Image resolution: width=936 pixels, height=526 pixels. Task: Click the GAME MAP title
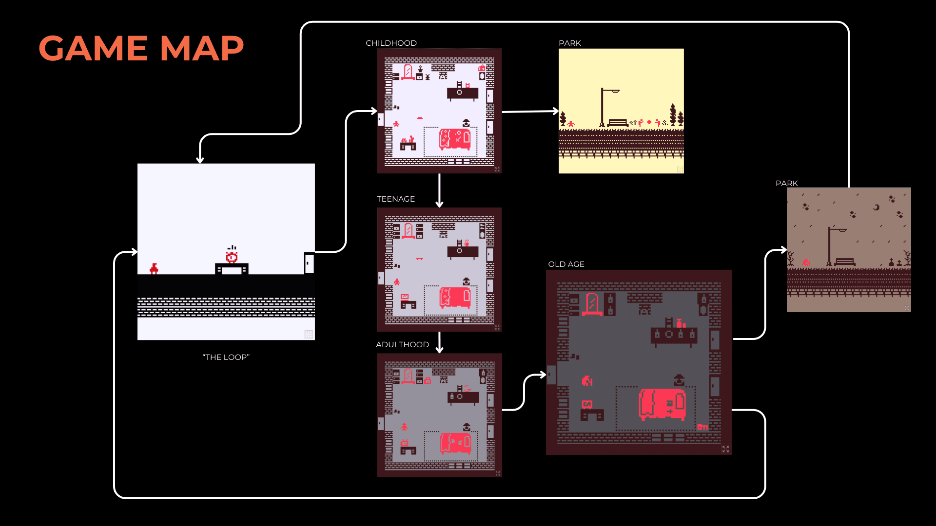141,48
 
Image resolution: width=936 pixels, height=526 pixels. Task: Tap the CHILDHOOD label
391,43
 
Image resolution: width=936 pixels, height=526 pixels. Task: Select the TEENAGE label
395,199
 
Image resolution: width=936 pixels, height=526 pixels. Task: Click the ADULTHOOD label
402,345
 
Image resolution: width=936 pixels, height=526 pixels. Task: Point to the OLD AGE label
566,264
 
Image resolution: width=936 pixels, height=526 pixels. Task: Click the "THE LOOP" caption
226,357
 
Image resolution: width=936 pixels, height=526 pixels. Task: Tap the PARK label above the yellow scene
569,43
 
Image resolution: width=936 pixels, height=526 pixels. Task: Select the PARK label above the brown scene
786,184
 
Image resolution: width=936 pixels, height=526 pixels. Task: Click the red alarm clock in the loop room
232,256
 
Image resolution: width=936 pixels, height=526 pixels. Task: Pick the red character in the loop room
154,268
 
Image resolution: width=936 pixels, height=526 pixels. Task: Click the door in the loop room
309,263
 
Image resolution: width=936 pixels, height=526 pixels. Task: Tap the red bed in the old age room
662,404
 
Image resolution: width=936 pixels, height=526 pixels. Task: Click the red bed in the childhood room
455,139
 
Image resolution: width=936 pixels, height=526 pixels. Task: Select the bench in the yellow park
618,123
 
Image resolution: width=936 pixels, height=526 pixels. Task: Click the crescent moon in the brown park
876,207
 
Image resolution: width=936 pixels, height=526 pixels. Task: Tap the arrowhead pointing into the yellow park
556,111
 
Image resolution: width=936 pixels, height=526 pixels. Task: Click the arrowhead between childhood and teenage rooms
439,204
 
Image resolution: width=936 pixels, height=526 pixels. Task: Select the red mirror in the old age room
592,304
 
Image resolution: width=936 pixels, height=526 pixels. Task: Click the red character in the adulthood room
404,427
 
